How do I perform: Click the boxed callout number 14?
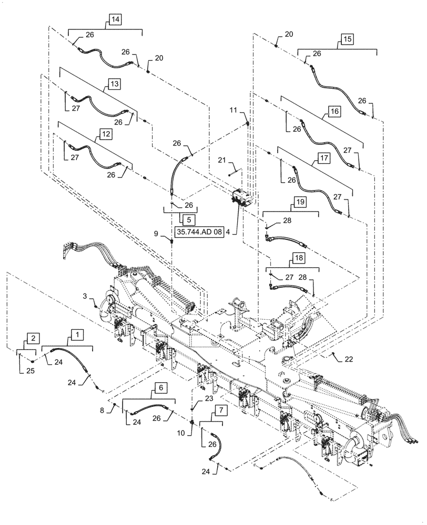[x=115, y=20]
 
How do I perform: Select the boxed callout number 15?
[x=347, y=39]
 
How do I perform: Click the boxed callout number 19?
[x=299, y=201]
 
